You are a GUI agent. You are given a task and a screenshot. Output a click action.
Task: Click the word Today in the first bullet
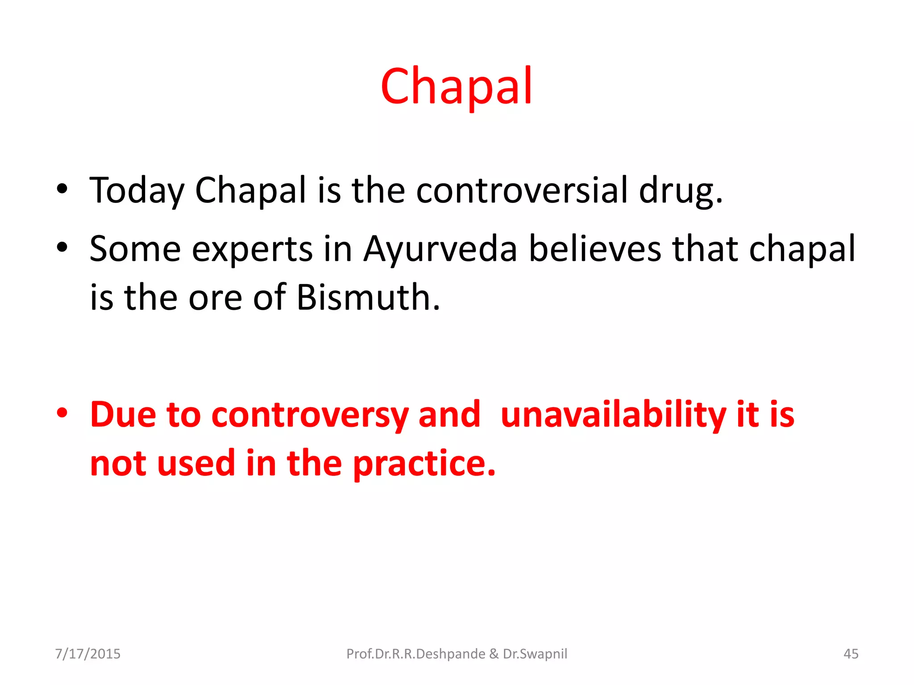coord(137,191)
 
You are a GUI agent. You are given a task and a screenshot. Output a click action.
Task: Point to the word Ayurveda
coord(440,249)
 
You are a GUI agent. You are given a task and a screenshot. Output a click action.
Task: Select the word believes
coord(595,248)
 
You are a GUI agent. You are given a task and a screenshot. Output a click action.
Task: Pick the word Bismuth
coord(368,297)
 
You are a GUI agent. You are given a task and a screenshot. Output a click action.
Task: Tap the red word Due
coord(123,414)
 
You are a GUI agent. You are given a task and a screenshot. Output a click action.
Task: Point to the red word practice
coord(424,464)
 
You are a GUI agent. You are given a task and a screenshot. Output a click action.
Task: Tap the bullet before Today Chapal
coord(62,189)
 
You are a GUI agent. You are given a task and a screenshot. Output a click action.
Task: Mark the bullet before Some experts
coord(62,247)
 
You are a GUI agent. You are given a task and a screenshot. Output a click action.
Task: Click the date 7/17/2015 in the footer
coord(87,654)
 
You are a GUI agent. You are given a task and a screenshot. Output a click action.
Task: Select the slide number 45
coord(851,654)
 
